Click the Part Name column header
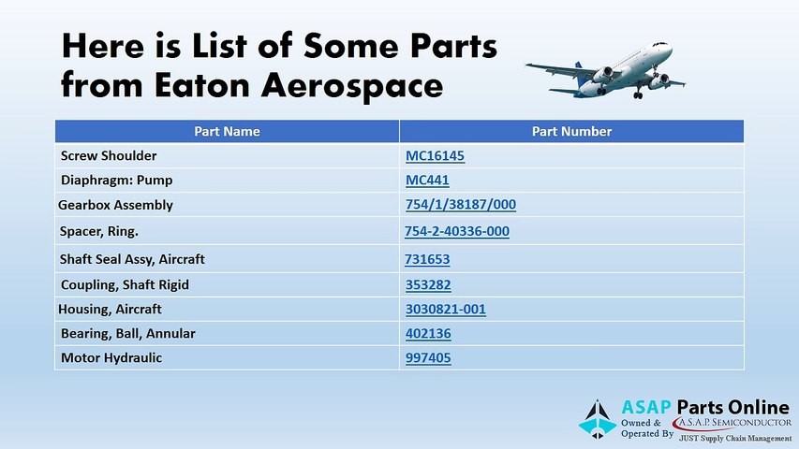(227, 131)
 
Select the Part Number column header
(571, 131)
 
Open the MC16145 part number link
(435, 156)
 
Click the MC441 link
(427, 181)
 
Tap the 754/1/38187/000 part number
(461, 205)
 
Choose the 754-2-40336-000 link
(457, 231)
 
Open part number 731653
(427, 259)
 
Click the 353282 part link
(428, 284)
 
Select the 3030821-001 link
(445, 309)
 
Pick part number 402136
(428, 333)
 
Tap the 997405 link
(428, 358)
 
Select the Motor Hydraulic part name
(111, 358)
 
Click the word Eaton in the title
(202, 85)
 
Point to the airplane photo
(606, 70)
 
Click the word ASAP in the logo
(646, 407)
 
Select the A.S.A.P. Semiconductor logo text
(732, 423)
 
